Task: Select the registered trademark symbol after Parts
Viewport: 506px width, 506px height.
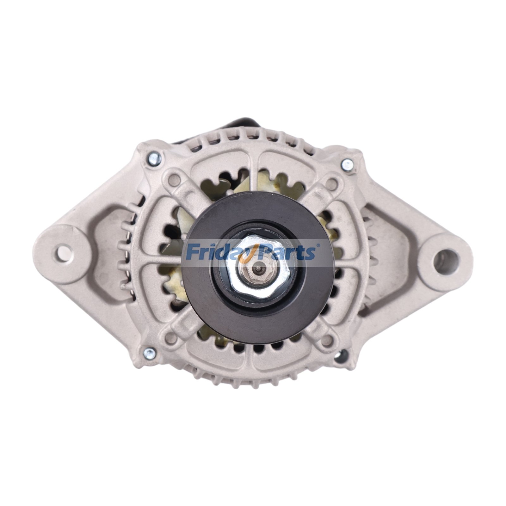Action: pyautogui.click(x=318, y=245)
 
